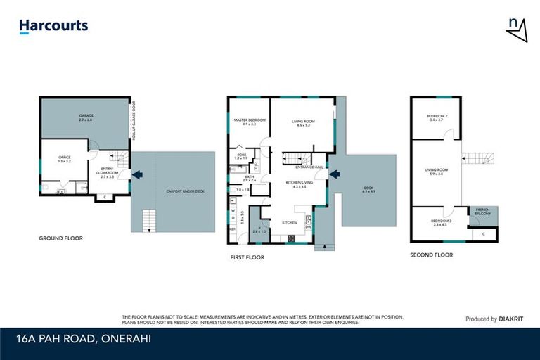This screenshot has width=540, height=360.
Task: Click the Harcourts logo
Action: coord(53,26)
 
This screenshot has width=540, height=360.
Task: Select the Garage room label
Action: coord(86,117)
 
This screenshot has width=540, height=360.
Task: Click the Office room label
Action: coord(64,160)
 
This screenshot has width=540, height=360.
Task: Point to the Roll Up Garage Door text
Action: coord(134,122)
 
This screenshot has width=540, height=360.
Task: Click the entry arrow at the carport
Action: coord(137,174)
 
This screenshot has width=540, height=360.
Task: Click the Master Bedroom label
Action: coord(249,122)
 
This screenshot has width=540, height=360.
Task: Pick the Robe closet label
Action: coord(241,156)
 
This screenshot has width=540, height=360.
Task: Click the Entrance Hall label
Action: coord(309,167)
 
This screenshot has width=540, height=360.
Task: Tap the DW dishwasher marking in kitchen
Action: coord(309,226)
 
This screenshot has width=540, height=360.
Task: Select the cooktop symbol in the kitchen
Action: coord(291,238)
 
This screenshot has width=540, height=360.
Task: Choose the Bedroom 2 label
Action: coord(437,117)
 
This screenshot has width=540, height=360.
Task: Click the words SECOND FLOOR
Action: coord(431,255)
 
